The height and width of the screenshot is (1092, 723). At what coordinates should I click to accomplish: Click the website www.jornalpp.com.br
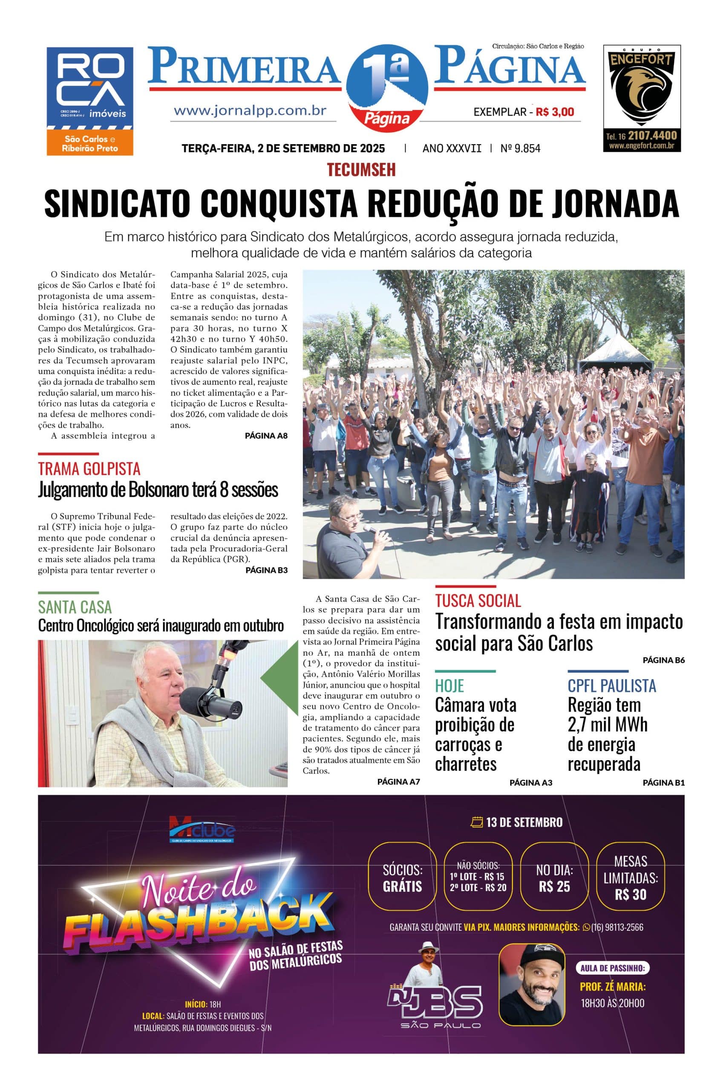click(251, 111)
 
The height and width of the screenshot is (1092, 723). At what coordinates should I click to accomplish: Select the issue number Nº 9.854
click(520, 148)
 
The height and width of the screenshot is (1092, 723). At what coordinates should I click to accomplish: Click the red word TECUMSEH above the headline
click(361, 170)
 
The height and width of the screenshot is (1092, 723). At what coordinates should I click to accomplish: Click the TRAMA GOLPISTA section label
click(89, 468)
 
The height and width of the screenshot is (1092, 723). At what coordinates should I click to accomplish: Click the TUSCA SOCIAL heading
click(478, 601)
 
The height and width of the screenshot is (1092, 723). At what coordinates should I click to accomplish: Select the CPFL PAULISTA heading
click(611, 685)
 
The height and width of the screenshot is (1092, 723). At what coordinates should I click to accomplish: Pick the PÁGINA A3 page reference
click(530, 782)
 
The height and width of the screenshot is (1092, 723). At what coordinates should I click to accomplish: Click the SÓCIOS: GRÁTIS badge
click(402, 878)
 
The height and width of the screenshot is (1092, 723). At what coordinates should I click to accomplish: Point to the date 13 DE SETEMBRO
click(517, 822)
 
